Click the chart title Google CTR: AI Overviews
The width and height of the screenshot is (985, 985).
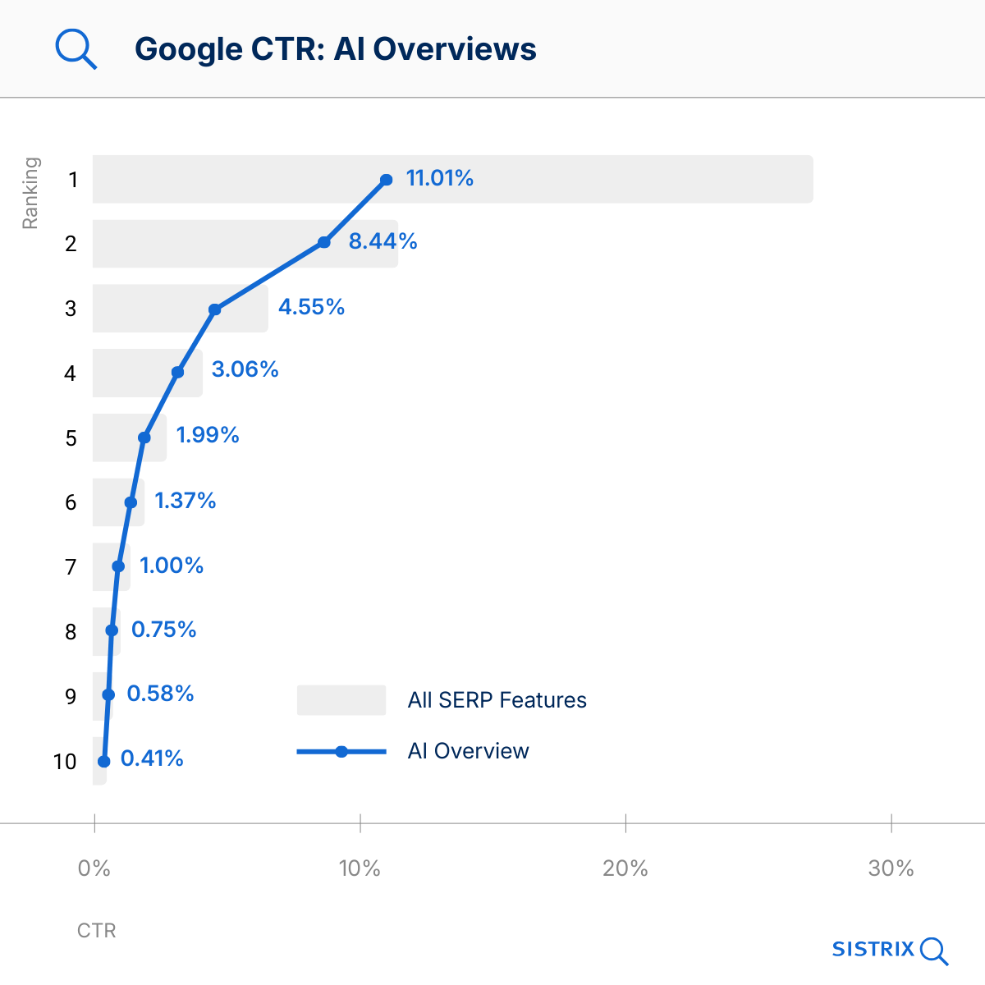pos(335,49)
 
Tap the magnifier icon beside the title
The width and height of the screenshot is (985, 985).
pos(76,49)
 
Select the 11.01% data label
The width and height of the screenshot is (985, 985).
pos(439,178)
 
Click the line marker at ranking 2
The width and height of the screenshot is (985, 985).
pos(324,242)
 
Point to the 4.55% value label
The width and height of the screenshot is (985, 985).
pos(311,307)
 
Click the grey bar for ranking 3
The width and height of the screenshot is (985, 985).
pos(148,309)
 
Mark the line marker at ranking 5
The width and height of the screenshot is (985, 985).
pos(144,438)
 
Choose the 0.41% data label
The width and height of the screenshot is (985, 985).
pos(152,758)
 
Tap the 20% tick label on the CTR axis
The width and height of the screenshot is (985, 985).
pos(625,868)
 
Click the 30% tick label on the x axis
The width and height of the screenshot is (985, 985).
pos(891,868)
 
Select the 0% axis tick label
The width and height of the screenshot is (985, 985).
pos(94,868)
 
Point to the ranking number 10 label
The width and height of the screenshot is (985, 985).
pos(65,762)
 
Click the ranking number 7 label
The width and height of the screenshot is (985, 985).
pos(71,567)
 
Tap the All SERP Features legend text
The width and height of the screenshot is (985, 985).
pos(497,700)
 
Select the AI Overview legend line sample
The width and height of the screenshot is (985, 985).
pos(341,751)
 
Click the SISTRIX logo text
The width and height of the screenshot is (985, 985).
pos(873,950)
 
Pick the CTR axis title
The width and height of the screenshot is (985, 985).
pos(97,931)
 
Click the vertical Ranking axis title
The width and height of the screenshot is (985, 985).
pos(30,193)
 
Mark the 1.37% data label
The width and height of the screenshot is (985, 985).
pos(186,501)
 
